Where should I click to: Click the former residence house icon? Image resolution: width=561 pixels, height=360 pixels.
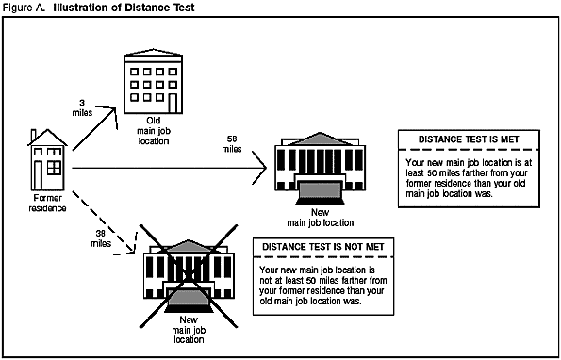(x=47, y=160)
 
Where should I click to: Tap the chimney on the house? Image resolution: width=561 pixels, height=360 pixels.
(x=34, y=135)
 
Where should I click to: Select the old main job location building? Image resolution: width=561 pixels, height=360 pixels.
(x=153, y=81)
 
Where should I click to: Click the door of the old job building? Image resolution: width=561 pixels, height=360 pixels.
(x=173, y=103)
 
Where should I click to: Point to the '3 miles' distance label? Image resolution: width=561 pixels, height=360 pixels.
(x=82, y=108)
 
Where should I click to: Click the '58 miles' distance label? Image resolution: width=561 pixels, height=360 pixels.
(x=232, y=144)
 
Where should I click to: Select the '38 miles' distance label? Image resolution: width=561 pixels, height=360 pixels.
(x=101, y=238)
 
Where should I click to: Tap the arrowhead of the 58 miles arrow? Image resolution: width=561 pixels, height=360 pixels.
(x=266, y=168)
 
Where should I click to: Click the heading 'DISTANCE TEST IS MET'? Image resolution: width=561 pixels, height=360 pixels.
(x=469, y=139)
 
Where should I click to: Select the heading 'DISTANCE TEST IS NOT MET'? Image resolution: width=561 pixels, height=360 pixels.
(x=323, y=247)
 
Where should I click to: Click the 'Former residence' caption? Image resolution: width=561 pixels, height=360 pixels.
(x=47, y=203)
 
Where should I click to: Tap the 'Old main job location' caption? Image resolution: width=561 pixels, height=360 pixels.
(x=154, y=130)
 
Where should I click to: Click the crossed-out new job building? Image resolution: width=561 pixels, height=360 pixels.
(x=189, y=276)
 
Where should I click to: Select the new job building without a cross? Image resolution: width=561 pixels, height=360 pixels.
(x=321, y=169)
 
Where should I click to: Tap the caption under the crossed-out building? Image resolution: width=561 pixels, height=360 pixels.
(x=189, y=330)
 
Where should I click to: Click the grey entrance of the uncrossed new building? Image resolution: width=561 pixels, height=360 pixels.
(x=321, y=189)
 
